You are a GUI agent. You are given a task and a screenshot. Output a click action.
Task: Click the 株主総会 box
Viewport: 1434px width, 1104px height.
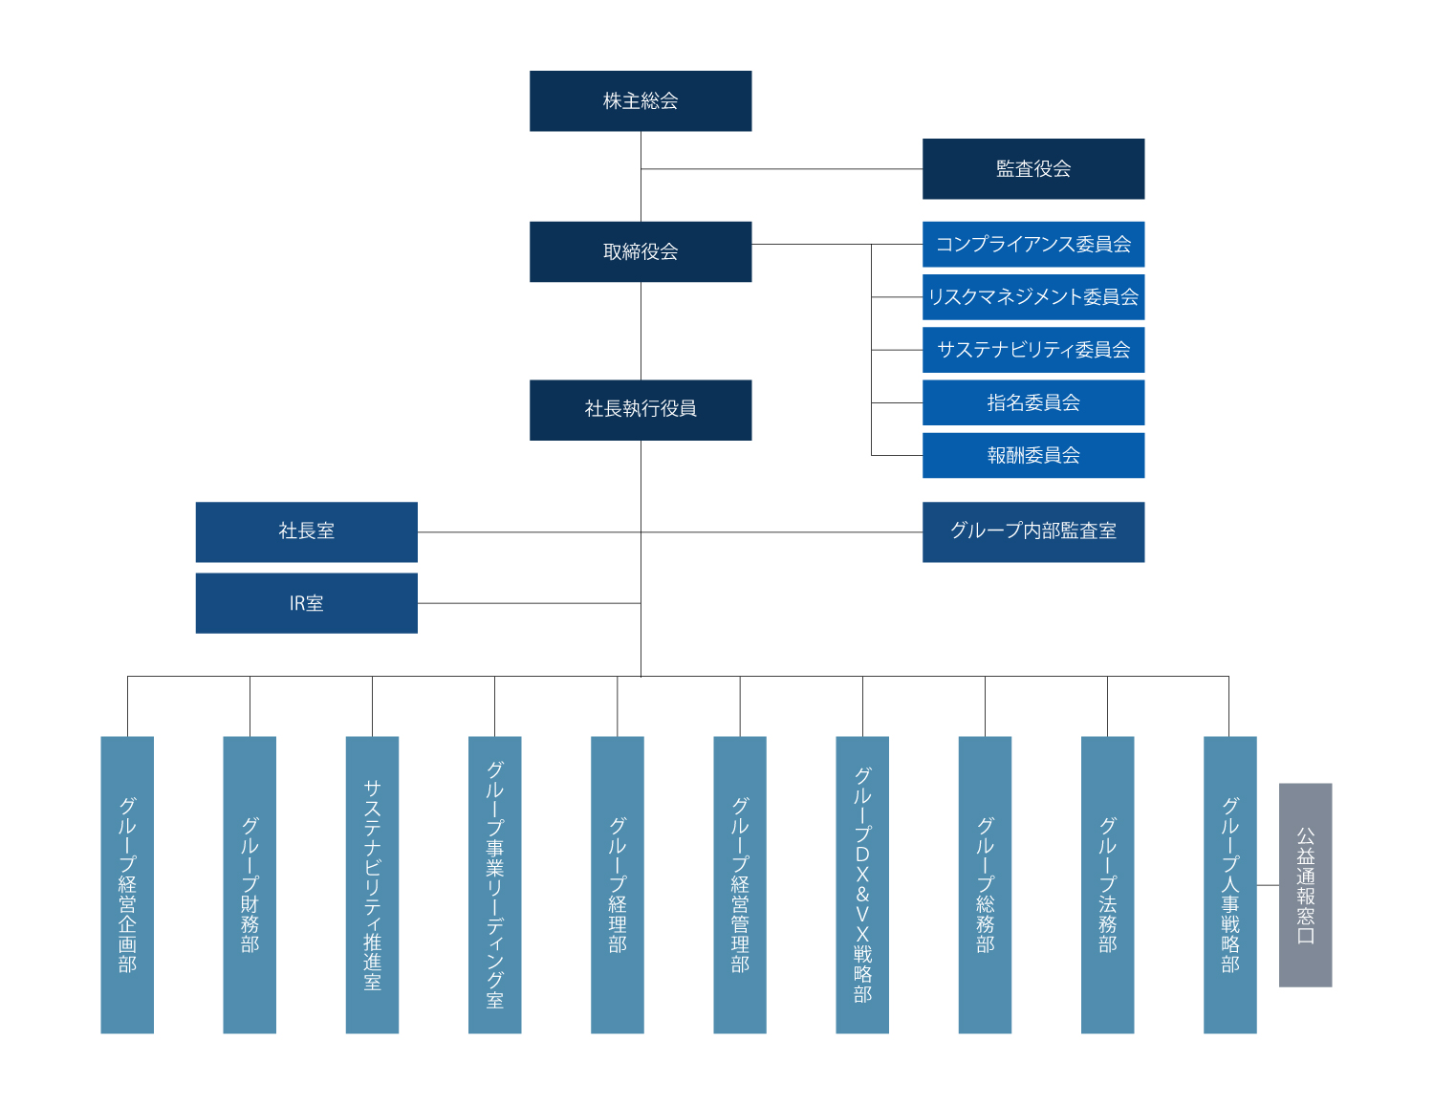[x=641, y=100]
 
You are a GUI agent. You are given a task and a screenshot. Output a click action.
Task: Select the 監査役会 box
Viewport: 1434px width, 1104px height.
[x=1032, y=168]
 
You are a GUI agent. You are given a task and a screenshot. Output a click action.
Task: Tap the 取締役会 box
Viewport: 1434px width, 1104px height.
[x=641, y=251]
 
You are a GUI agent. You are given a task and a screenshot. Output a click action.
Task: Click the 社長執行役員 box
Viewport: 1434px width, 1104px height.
[x=641, y=410]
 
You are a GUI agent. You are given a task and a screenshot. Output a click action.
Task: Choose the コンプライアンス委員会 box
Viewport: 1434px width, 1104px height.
[x=1032, y=245]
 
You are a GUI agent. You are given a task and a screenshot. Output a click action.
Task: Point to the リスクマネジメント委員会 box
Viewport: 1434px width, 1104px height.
[x=1032, y=297]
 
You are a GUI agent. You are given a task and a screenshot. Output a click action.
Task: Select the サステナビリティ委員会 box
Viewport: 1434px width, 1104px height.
[x=1032, y=350]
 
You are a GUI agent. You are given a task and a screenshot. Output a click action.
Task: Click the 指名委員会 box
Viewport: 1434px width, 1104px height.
[x=1032, y=402]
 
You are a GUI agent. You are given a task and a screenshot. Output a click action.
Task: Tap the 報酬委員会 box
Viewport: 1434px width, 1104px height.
[x=1032, y=455]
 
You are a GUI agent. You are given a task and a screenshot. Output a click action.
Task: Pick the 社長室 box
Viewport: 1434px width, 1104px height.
[x=306, y=531]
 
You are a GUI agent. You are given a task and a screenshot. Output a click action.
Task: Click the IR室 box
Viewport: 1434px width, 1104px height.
[x=306, y=603]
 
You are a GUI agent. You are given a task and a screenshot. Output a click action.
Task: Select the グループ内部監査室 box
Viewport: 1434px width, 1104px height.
[x=1032, y=531]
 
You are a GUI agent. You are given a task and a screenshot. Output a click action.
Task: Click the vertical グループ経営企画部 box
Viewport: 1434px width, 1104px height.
[x=127, y=884]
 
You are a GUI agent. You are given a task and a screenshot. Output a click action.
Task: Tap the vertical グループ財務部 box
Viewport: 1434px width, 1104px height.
[x=250, y=884]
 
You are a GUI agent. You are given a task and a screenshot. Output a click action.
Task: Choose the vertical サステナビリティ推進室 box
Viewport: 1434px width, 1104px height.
[x=372, y=884]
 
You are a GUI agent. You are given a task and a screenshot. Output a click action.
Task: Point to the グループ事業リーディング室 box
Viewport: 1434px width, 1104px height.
[x=494, y=884]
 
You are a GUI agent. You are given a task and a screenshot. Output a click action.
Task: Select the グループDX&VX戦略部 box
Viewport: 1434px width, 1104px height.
[x=862, y=884]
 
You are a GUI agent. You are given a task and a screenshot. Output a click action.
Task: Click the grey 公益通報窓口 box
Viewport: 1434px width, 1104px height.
[x=1305, y=884]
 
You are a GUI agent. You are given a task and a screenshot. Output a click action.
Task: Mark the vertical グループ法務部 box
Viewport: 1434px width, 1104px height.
[x=1107, y=884]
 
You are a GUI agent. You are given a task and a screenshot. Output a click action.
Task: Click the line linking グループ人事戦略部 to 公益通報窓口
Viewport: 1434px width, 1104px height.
[x=1268, y=885]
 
